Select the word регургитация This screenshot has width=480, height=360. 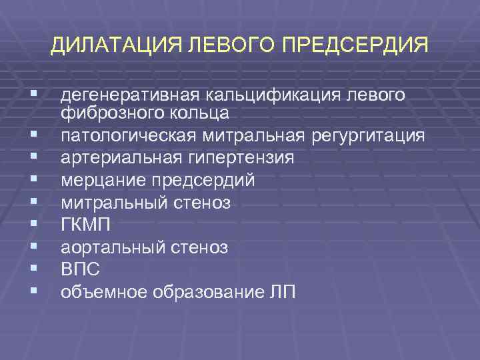point(368,136)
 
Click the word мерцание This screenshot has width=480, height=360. point(98,180)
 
